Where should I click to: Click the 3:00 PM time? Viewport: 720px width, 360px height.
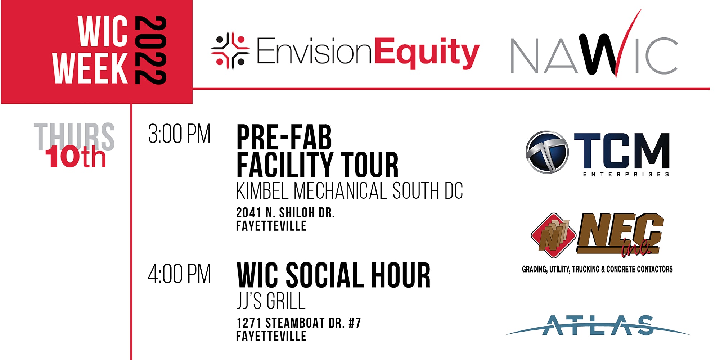point(179,134)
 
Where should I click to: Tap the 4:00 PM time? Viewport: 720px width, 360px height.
point(179,274)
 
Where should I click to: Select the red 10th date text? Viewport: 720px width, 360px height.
point(76,157)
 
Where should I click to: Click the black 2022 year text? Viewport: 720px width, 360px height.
point(150,50)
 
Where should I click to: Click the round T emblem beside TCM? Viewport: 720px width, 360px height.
point(547,152)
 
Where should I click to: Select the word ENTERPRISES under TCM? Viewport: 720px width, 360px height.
point(626,174)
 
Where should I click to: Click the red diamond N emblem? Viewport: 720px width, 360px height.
point(553,235)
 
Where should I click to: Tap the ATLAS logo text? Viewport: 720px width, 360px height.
point(598,325)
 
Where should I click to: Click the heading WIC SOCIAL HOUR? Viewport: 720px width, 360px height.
point(333,275)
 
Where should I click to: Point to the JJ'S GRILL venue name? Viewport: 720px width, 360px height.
point(271,301)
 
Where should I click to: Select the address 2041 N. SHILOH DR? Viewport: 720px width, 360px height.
point(285,213)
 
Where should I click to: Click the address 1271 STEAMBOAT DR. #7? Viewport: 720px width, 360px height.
point(298,323)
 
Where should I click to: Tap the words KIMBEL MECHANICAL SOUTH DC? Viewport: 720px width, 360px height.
point(350,191)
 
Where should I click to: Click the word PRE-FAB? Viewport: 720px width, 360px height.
point(284,137)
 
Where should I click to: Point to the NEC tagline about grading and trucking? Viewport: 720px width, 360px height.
point(597,269)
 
